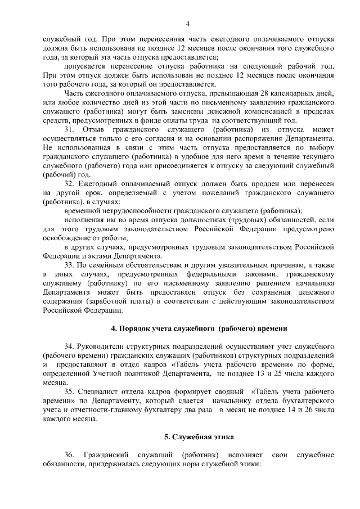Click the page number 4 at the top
(188, 23)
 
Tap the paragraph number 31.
(69, 130)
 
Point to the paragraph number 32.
(69, 184)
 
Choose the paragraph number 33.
(69, 265)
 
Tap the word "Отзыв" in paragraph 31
(92, 130)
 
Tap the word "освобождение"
(67, 238)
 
